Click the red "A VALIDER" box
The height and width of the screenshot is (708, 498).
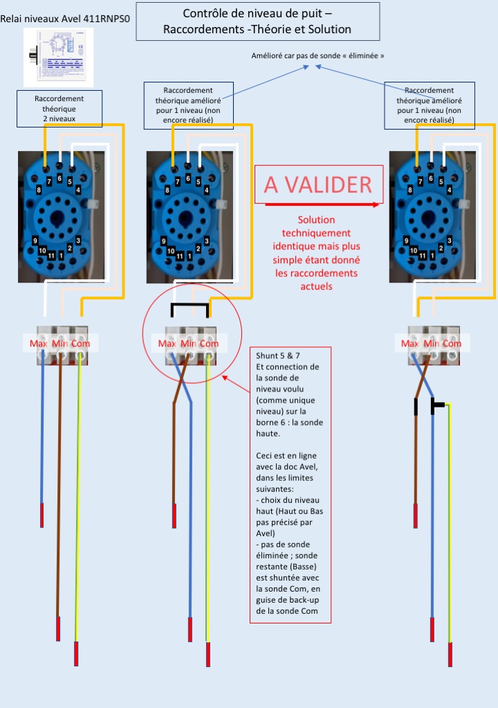point(318,184)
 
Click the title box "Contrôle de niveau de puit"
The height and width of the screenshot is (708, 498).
point(257,21)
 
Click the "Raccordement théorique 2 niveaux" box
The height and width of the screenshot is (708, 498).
point(59,109)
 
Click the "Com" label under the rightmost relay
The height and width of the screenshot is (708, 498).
point(452,344)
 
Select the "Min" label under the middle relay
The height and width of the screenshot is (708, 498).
point(189,344)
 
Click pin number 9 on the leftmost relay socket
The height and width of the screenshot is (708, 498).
point(35,240)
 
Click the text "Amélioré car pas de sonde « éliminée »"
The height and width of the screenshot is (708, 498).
point(318,55)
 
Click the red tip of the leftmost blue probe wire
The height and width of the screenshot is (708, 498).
point(42,515)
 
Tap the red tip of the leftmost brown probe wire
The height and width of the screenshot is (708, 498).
point(58,629)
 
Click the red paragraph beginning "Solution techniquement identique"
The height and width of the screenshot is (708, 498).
point(317,252)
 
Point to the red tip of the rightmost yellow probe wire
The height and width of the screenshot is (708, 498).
point(450,654)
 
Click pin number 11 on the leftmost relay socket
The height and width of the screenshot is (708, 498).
point(51,256)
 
